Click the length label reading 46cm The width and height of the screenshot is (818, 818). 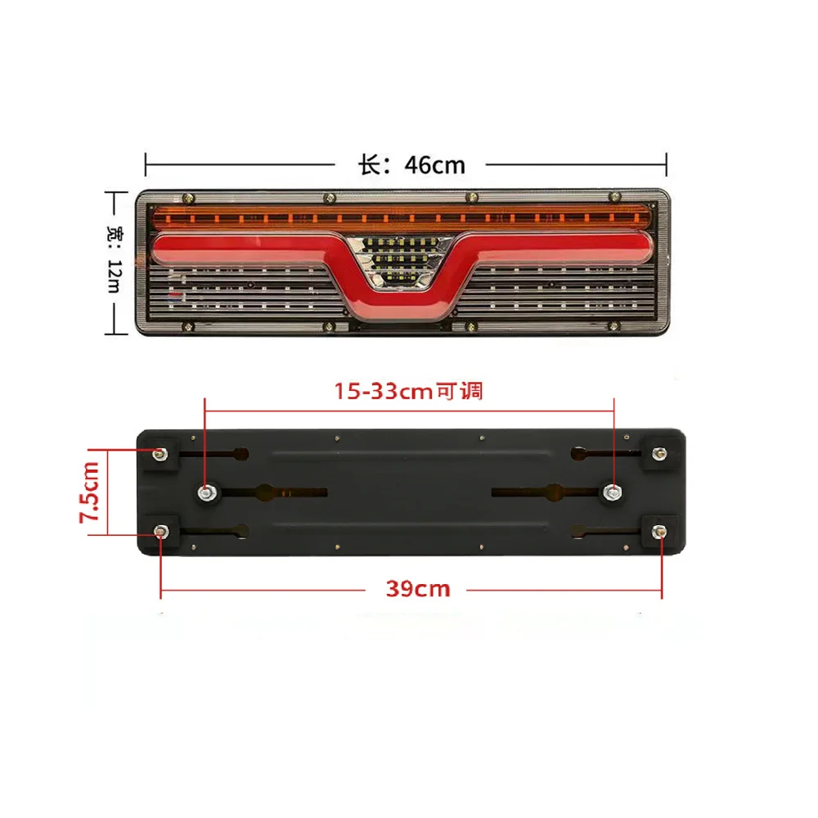[411, 164]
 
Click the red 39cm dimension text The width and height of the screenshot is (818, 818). [417, 587]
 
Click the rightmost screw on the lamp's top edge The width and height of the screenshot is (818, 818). [614, 196]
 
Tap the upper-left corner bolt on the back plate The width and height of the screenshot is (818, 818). [159, 452]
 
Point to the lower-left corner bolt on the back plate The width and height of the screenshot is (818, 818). [160, 531]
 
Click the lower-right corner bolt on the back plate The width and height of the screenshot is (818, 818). [658, 531]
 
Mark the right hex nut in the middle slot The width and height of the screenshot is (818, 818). [613, 492]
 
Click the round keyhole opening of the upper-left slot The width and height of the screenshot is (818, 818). [242, 453]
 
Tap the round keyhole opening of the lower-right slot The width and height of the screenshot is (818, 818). [579, 530]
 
